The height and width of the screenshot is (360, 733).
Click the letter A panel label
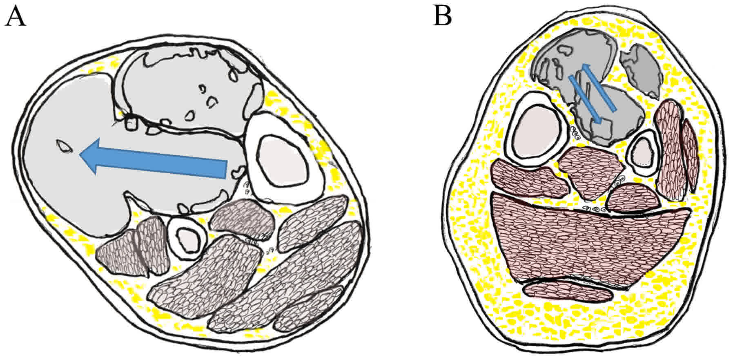coord(15,17)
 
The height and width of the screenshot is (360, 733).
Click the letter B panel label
coord(443,17)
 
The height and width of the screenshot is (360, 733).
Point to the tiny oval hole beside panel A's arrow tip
coord(63,146)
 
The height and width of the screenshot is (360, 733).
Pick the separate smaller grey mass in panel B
coord(641,69)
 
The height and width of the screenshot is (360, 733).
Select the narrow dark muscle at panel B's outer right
coord(691,155)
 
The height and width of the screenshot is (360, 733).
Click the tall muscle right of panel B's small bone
coord(668,151)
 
